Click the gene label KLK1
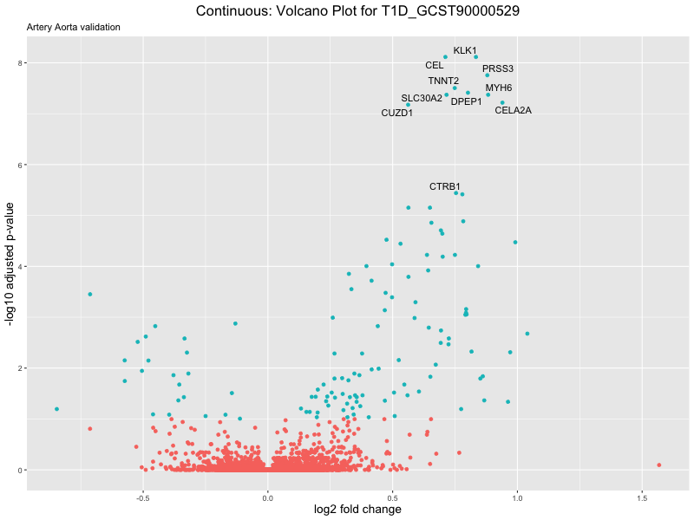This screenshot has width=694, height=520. coord(465,51)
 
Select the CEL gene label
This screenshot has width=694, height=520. coord(435,65)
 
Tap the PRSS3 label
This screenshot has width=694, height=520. coord(498,68)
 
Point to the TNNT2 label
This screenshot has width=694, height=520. coord(443,81)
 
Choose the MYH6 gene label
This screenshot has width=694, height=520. coord(499,88)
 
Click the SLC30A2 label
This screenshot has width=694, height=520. coord(422,98)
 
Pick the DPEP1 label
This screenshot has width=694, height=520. coord(466,101)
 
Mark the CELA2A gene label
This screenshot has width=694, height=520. coord(513,110)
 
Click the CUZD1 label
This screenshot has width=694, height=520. coord(397,114)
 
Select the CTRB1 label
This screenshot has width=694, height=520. coord(445,186)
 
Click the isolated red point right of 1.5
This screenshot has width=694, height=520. coord(659,465)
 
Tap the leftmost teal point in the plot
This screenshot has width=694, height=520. coord(56,409)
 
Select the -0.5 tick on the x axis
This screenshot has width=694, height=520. coord(143,497)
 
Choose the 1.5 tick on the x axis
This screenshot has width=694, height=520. coord(642,497)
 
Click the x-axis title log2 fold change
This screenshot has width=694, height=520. coord(357,510)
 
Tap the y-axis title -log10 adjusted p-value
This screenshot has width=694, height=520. coord(10,264)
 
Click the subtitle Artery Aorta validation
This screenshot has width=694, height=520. coord(74,27)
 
